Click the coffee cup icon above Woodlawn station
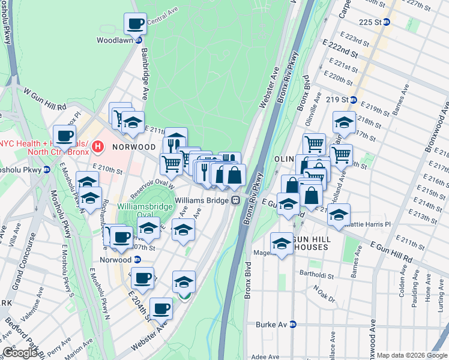pyautogui.click(x=135, y=24)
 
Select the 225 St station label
pyautogui.click(x=370, y=22)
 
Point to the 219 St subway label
pyautogui.click(x=337, y=100)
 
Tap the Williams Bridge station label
pyautogui.click(x=203, y=200)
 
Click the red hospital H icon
pyautogui.click(x=98, y=146)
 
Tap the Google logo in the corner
pyautogui.click(x=19, y=353)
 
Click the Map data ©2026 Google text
pyautogui.click(x=412, y=355)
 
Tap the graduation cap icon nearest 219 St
pyautogui.click(x=344, y=122)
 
